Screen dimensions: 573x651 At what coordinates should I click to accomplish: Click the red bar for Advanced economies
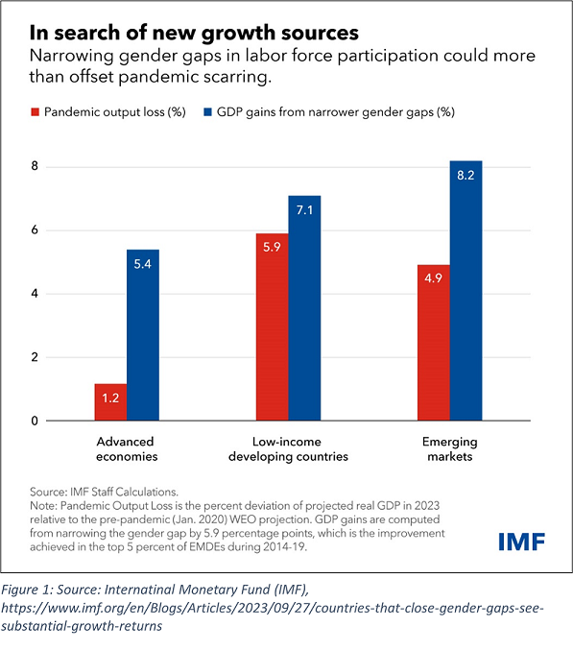click(x=110, y=402)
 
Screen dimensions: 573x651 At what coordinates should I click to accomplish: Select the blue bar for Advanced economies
click(x=143, y=335)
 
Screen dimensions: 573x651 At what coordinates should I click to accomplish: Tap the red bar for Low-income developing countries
click(x=273, y=327)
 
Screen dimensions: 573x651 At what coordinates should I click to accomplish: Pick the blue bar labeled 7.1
click(x=304, y=308)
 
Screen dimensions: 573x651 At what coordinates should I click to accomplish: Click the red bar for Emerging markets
click(x=434, y=343)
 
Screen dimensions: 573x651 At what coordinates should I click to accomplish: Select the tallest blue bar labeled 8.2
click(x=466, y=291)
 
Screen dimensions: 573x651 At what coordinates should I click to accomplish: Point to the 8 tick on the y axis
click(x=35, y=166)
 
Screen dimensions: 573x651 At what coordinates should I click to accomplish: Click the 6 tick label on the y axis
click(x=35, y=230)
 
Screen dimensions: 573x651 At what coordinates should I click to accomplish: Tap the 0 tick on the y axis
click(x=35, y=421)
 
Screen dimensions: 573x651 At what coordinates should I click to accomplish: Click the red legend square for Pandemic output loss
click(x=36, y=112)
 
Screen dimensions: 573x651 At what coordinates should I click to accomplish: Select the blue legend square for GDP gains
click(x=208, y=112)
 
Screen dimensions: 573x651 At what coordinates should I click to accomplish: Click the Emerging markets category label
click(x=450, y=448)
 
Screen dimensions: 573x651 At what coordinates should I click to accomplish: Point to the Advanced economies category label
click(x=127, y=448)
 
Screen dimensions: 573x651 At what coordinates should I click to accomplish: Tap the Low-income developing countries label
click(x=288, y=448)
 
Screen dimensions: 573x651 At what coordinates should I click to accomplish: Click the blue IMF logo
click(x=521, y=542)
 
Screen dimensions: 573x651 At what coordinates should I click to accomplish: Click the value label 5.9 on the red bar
click(x=273, y=247)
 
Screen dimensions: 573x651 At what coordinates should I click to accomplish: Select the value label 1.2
click(x=110, y=398)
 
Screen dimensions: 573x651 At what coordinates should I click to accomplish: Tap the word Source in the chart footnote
click(x=47, y=492)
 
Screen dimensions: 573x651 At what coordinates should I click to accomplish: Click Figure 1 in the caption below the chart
click(x=26, y=590)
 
